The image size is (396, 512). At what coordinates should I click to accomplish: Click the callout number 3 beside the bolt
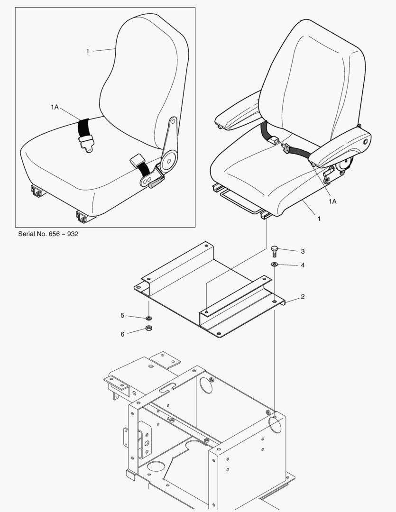pyautogui.click(x=303, y=251)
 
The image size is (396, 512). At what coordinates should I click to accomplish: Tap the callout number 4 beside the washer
pyautogui.click(x=303, y=265)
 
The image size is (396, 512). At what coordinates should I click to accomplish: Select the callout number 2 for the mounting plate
pyautogui.click(x=303, y=297)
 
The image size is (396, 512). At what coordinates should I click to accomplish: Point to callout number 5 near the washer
pyautogui.click(x=122, y=315)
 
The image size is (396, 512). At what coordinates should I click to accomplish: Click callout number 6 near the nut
pyautogui.click(x=122, y=334)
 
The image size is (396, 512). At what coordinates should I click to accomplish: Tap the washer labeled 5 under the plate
pyautogui.click(x=148, y=318)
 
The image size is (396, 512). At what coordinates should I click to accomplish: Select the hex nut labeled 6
pyautogui.click(x=148, y=329)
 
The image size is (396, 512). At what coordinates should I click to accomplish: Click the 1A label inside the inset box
pyautogui.click(x=55, y=108)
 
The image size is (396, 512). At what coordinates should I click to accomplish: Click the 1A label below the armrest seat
pyautogui.click(x=332, y=201)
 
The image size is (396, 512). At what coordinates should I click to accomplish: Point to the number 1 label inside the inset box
pyautogui.click(x=87, y=51)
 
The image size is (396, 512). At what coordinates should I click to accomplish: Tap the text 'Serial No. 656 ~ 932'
pyautogui.click(x=48, y=234)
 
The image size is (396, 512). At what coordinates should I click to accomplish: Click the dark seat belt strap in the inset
pyautogui.click(x=86, y=127)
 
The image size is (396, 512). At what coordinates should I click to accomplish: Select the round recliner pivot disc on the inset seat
pyautogui.click(x=168, y=161)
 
